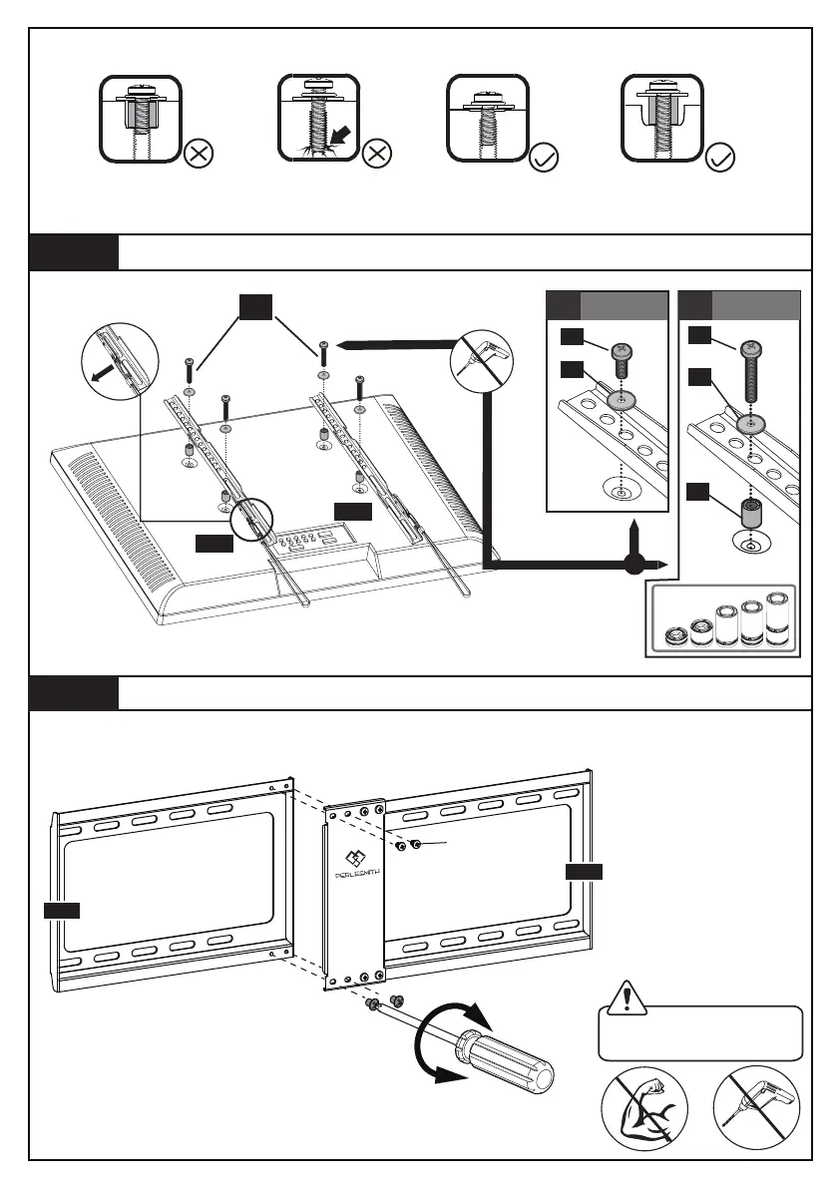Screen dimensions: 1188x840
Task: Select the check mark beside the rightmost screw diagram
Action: coord(720,157)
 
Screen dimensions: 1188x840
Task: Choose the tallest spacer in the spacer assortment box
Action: coord(776,618)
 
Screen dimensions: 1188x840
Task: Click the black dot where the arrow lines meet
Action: coord(630,566)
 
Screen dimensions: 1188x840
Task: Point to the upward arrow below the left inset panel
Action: coord(630,529)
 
